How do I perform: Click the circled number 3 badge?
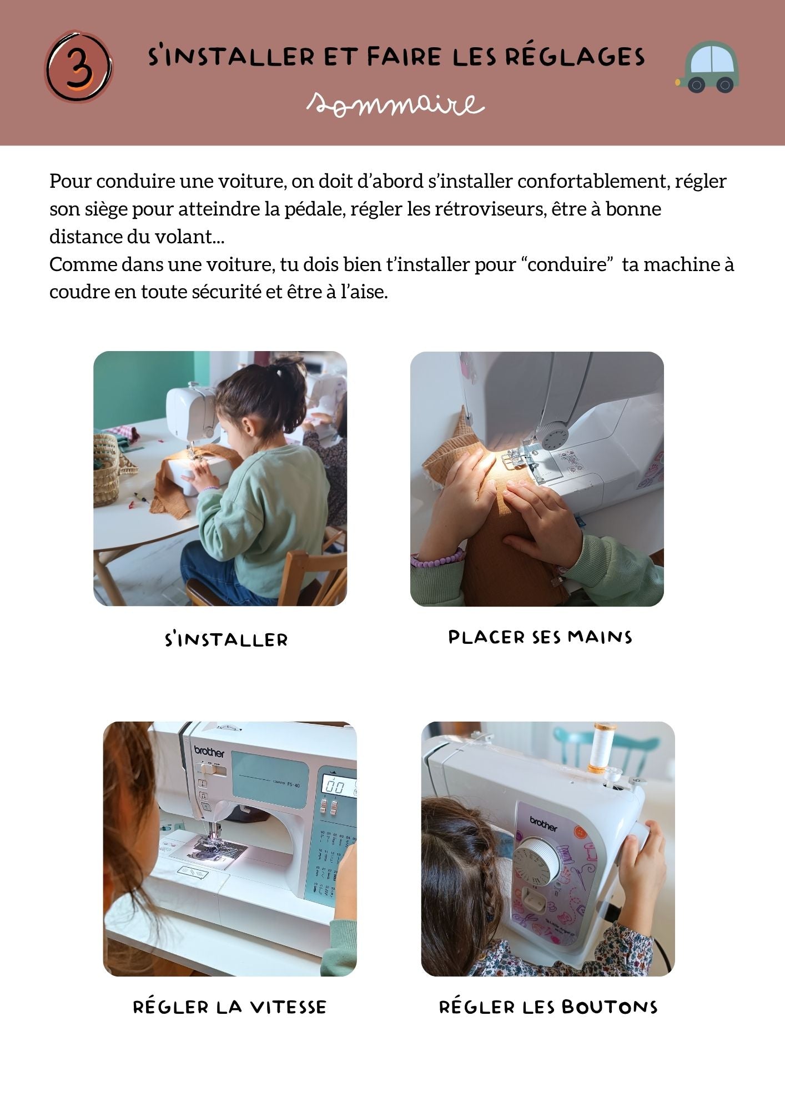pos(79,67)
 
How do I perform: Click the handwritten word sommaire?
pos(396,104)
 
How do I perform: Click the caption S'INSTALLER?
pos(227,639)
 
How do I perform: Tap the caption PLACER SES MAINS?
pos(540,637)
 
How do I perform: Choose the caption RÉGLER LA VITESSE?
pos(230,1007)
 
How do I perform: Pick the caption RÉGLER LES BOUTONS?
pos(548,1007)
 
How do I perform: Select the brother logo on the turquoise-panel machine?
pos(209,752)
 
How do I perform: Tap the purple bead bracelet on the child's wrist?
pos(437,558)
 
